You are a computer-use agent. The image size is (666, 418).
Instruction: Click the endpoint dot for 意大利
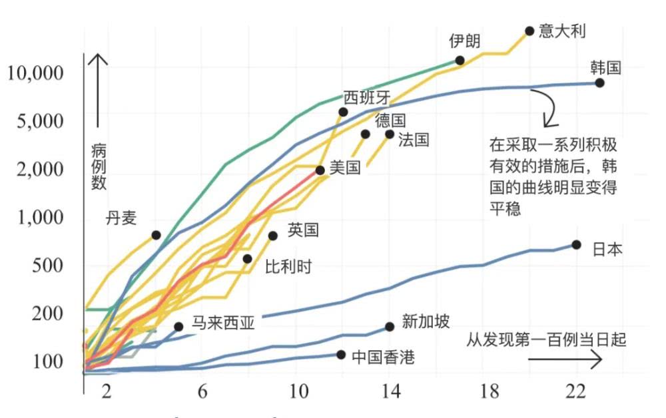529,31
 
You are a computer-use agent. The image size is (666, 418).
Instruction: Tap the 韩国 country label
605,68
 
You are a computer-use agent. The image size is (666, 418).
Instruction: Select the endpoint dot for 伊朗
460,61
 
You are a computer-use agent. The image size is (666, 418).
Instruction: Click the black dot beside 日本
576,245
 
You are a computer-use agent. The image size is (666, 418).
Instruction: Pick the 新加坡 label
426,322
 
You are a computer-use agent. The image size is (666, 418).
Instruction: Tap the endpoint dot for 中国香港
341,355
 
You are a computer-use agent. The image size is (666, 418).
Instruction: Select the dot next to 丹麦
156,235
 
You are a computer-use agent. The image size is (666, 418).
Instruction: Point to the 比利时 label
288,267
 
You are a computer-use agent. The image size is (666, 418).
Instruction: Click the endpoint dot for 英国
272,236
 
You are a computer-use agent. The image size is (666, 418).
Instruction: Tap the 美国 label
345,167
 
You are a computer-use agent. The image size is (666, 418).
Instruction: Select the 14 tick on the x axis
392,393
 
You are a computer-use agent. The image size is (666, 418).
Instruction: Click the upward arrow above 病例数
98,90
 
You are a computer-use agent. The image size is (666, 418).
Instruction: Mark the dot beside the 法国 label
390,134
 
